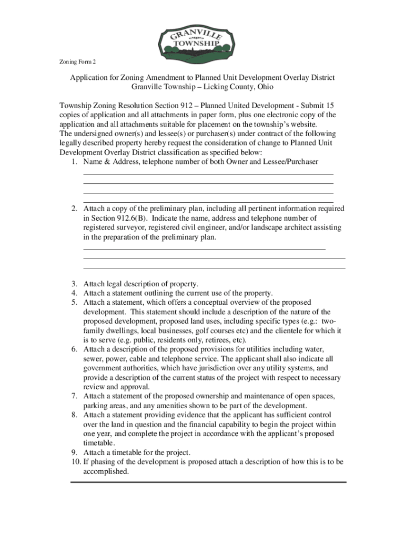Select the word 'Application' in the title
click(x=90, y=78)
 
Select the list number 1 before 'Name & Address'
click(x=74, y=162)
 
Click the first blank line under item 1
click(x=208, y=174)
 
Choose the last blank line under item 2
click(x=214, y=268)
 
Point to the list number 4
click(x=74, y=293)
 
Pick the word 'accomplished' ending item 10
click(x=106, y=471)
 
